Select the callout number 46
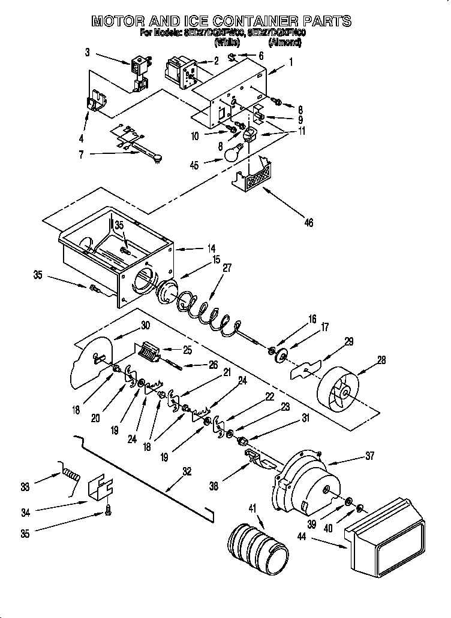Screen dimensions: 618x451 [x=309, y=223]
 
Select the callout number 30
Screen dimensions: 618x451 [x=145, y=326]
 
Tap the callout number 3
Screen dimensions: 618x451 [x=88, y=53]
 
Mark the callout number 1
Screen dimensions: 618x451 [x=291, y=61]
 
